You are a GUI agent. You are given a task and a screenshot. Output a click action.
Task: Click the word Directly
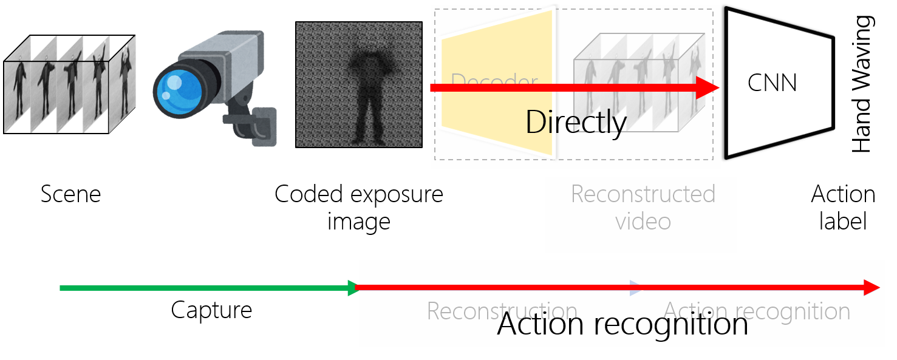pos(575,123)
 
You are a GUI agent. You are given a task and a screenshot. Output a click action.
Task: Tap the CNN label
pos(772,83)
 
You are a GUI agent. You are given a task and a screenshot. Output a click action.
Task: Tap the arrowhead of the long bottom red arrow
pos(872,288)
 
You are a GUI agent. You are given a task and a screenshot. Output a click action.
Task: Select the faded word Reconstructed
pos(643,194)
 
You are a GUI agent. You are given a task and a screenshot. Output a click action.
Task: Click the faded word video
pos(643,222)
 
